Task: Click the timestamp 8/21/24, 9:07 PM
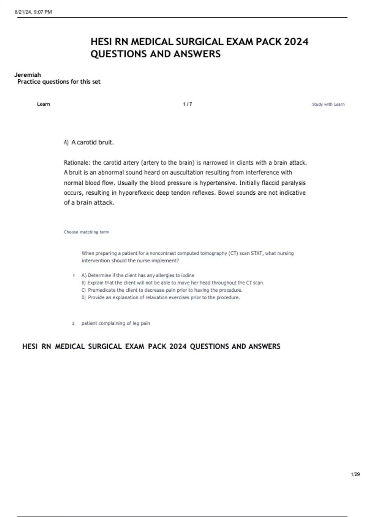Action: pos(33,12)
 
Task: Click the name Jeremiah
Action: pos(27,75)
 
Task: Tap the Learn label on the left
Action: pos(43,104)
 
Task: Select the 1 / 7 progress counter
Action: pos(187,104)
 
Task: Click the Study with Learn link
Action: pos(328,104)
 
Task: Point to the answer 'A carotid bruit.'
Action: pos(92,142)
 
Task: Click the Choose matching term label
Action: pos(86,232)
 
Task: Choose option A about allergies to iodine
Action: pos(138,275)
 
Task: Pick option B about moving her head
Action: pos(173,283)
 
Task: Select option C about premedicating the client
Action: pos(162,290)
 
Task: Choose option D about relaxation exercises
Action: pos(161,297)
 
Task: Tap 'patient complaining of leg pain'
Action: pos(116,323)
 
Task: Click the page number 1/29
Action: pos(355,474)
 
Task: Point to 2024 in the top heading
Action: pos(296,42)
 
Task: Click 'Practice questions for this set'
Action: pos(59,82)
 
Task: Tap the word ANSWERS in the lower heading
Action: pos(264,346)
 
